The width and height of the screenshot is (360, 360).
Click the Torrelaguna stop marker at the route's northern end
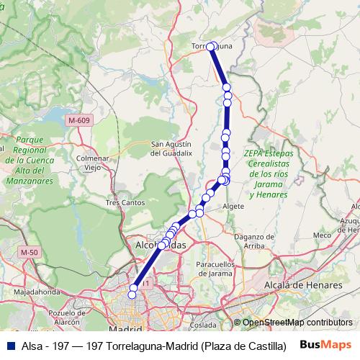tap(211, 47)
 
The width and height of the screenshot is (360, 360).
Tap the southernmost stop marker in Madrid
tap(132, 294)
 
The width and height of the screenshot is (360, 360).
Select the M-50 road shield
tap(29, 252)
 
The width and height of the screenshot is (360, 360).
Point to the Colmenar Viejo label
tap(92, 163)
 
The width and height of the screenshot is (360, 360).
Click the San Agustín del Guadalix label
tap(171, 148)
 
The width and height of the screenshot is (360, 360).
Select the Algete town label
tap(234, 206)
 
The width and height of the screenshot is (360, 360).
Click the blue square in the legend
tap(12, 344)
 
